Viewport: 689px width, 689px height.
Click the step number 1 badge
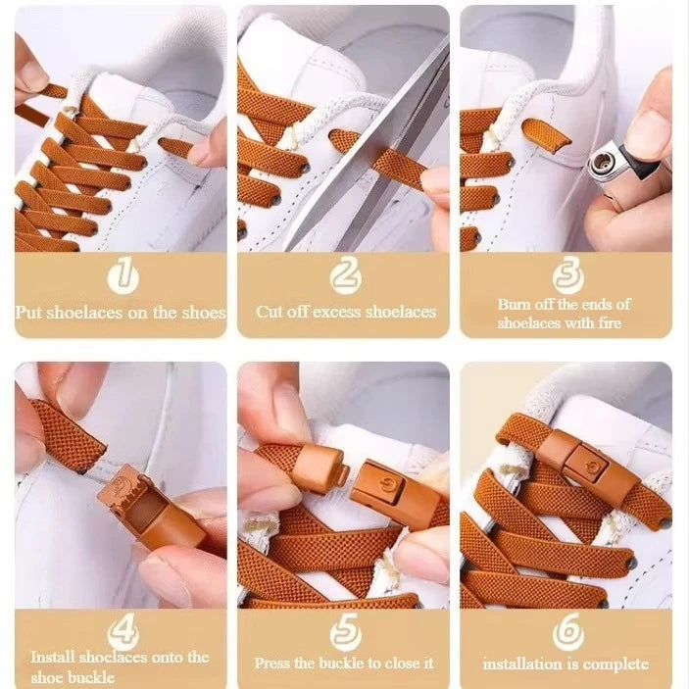pyautogui.click(x=122, y=275)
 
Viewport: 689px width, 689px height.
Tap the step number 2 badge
pyautogui.click(x=345, y=275)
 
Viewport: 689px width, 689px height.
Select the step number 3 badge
pyautogui.click(x=567, y=273)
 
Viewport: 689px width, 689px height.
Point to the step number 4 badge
pyautogui.click(x=122, y=632)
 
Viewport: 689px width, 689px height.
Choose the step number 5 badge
pyautogui.click(x=345, y=632)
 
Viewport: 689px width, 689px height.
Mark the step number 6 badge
pyautogui.click(x=566, y=632)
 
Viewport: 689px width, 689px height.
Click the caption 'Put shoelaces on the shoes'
pyautogui.click(x=121, y=312)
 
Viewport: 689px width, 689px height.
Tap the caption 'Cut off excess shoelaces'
pyautogui.click(x=346, y=312)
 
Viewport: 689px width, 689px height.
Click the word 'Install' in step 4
pyautogui.click(x=51, y=658)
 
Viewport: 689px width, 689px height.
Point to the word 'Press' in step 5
pyautogui.click(x=273, y=664)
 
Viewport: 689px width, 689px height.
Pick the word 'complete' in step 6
pyautogui.click(x=616, y=664)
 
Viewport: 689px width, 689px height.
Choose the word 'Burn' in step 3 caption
pyautogui.click(x=514, y=305)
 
